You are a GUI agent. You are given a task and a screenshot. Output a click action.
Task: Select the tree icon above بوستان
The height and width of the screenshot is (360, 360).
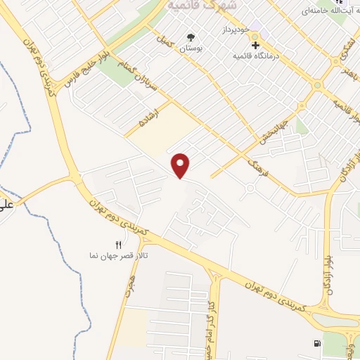pyautogui.click(x=190, y=37)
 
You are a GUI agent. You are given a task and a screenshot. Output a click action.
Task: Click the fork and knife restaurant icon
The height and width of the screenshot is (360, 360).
pyautogui.click(x=118, y=245)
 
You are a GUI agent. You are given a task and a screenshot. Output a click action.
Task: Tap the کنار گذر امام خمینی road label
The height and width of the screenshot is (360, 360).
pyautogui.click(x=210, y=316)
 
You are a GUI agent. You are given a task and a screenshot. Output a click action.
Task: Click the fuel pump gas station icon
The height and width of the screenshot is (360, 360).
pyautogui.click(x=315, y=343)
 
